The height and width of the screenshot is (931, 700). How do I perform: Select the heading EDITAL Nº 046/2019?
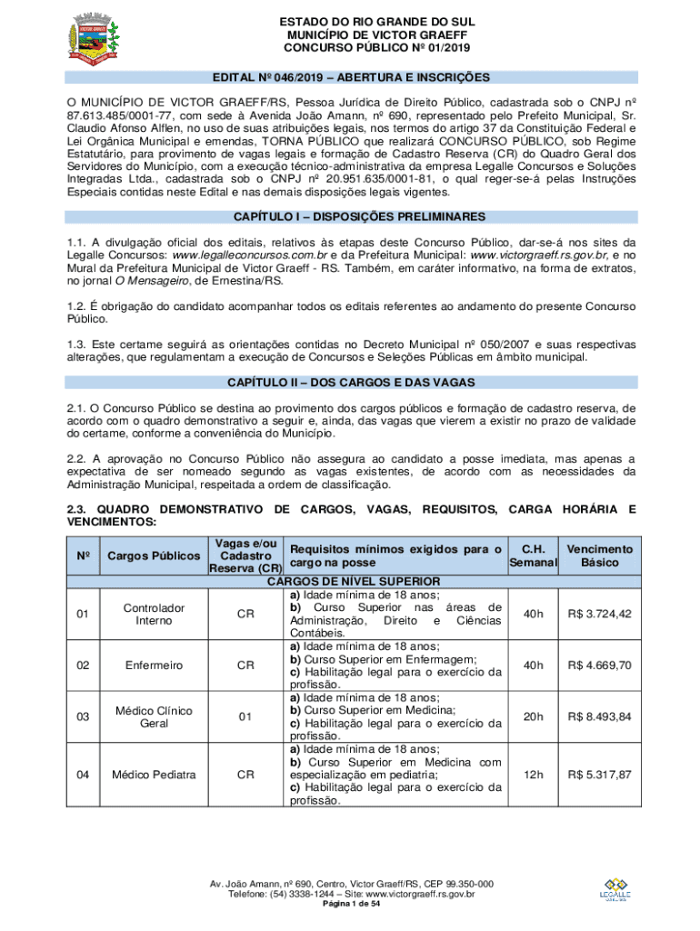350,77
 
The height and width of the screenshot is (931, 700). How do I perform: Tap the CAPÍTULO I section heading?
350,216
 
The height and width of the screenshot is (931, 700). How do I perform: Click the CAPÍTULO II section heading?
350,382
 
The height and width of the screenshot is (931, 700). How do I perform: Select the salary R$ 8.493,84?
599,716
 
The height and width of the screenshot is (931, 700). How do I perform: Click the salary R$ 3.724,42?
599,614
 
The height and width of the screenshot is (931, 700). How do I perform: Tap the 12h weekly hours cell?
533,775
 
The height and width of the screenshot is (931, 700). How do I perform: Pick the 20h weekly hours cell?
533,716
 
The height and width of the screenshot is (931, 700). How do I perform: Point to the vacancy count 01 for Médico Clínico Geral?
245,716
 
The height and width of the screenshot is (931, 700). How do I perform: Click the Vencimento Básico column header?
599,556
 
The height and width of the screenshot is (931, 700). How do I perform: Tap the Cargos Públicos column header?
154,556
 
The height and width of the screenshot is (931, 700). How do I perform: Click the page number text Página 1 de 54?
351,906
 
